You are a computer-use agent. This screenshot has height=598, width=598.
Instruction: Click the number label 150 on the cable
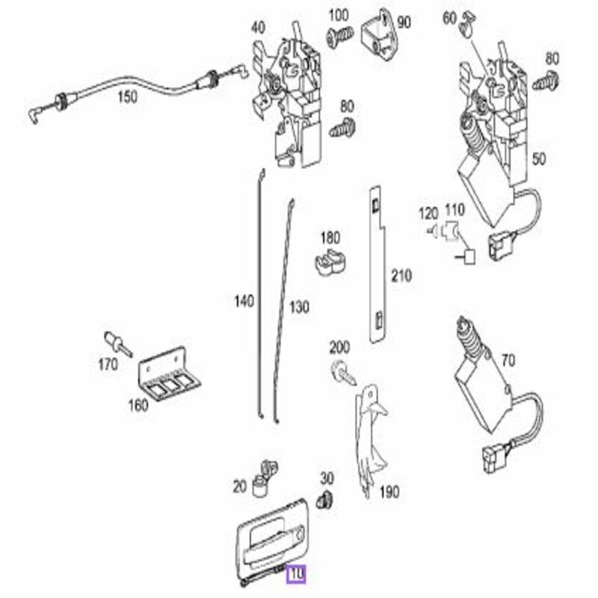128,97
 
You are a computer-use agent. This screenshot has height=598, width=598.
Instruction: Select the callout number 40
257,28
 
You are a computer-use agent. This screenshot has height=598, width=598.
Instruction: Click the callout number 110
454,211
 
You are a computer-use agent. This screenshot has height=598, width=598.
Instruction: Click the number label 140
244,301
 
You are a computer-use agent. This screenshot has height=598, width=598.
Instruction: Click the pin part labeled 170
117,343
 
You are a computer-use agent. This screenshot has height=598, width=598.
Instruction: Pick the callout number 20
239,487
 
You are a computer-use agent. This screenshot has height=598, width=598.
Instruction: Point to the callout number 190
389,492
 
